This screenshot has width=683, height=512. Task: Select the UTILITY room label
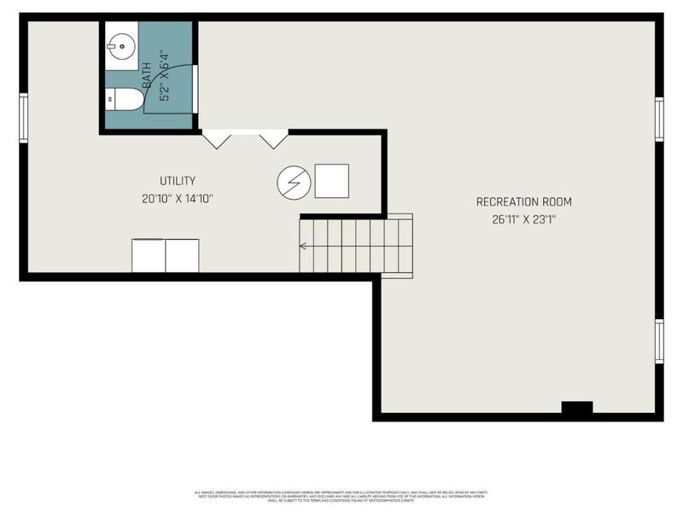point(178,181)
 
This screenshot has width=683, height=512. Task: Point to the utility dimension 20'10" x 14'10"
point(178,199)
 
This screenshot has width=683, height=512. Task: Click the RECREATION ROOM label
point(523,202)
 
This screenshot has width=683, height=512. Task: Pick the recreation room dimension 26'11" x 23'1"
point(523,219)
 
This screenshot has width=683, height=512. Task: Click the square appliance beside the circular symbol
point(331,180)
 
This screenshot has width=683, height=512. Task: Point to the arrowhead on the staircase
point(301,247)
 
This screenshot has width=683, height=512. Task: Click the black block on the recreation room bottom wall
point(577,408)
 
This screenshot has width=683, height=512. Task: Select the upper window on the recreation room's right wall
point(659,118)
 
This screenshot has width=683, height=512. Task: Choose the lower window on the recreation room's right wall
point(659,340)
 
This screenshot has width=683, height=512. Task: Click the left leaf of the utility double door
point(216,138)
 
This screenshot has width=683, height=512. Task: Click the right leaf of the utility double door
point(274,138)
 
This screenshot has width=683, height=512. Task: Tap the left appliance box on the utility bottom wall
point(149,255)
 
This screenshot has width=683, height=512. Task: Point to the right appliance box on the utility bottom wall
point(182,255)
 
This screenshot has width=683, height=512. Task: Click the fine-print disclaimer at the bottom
point(341,496)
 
